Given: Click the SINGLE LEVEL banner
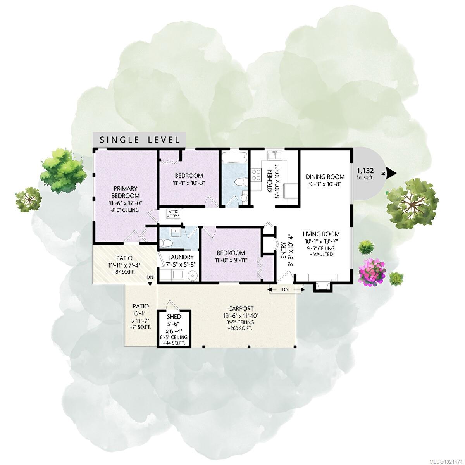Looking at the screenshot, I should click(x=139, y=139).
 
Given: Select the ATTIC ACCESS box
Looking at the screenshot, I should click(x=174, y=214).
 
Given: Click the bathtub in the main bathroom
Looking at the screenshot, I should click(x=234, y=157).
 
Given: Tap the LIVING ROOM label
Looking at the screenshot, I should click(x=321, y=234).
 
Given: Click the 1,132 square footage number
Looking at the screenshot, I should click(x=365, y=170).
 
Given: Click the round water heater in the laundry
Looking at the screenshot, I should click(x=193, y=276).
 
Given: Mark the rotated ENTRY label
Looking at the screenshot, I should click(x=283, y=251).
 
